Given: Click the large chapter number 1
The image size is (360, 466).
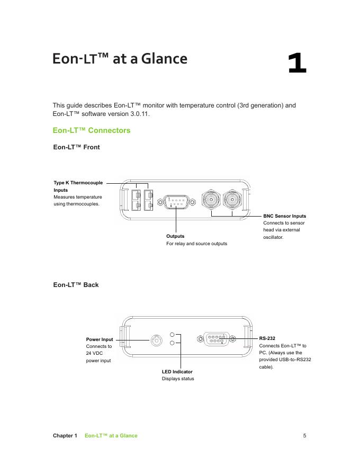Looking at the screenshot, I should [297, 63].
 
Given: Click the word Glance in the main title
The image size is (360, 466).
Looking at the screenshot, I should [164, 58].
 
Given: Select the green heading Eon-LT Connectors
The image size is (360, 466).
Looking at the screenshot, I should [91, 130].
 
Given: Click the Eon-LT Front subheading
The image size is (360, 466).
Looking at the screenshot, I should [76, 147].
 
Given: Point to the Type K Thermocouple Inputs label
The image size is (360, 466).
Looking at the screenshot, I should [78, 186].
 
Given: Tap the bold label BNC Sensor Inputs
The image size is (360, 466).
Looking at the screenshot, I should [284, 216].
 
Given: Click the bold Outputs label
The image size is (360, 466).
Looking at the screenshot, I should [175, 236].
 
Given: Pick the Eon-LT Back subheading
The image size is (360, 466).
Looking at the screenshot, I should [76, 285].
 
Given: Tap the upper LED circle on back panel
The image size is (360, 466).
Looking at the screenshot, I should [173, 335].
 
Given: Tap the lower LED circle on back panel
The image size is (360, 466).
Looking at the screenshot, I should [173, 343].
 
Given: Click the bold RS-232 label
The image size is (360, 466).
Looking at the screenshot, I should [267, 338].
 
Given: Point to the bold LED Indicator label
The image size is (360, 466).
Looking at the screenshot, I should [177, 372].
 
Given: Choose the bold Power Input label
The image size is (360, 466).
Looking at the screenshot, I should [100, 339].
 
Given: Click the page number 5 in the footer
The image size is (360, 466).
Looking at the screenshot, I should [304, 436].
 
